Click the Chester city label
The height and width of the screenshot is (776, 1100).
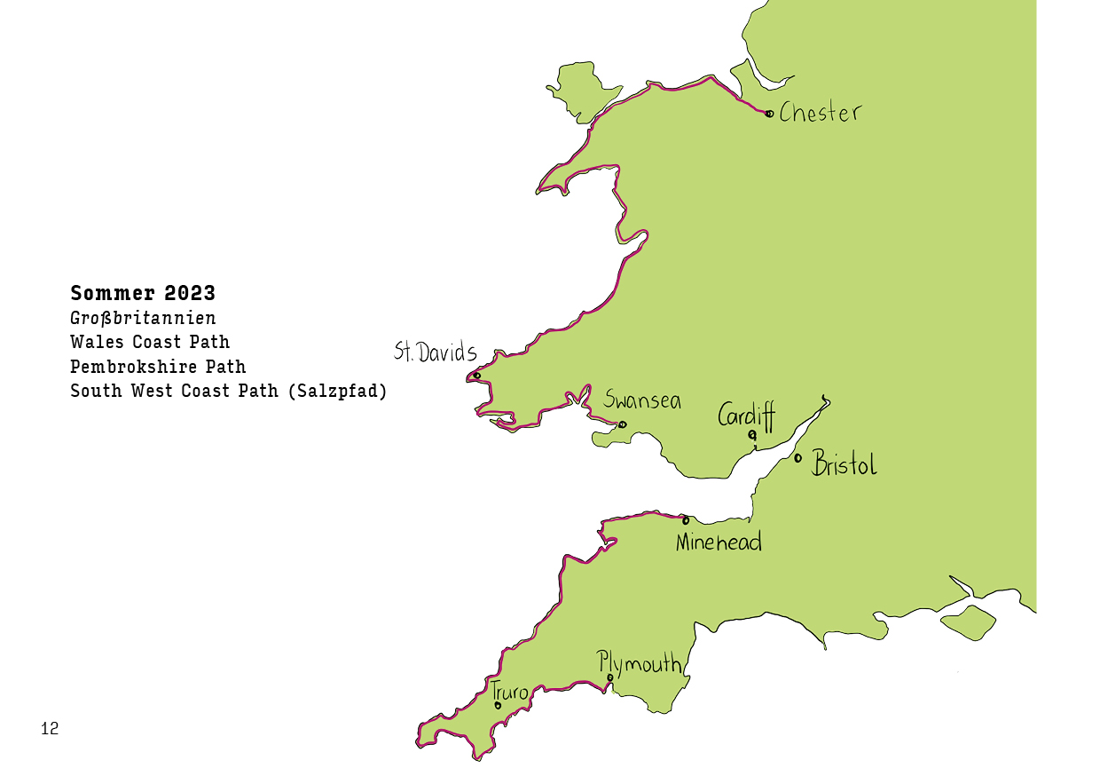[x=821, y=113]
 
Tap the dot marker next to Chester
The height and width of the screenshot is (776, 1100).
[x=769, y=113]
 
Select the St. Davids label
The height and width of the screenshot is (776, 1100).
[x=436, y=352]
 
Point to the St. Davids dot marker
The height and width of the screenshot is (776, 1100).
[x=477, y=375]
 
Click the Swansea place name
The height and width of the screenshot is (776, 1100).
[x=642, y=400]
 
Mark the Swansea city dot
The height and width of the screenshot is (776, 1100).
[x=622, y=424]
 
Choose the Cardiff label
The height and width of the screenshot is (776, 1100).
[x=746, y=415]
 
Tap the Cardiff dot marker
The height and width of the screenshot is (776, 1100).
[x=752, y=434]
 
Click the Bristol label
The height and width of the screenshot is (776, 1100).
[x=845, y=464]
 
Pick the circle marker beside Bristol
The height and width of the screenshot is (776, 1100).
[x=798, y=458]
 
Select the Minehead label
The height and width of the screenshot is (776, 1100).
[x=719, y=542]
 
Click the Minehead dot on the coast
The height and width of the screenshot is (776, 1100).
[x=686, y=520]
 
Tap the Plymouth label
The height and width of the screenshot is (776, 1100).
[x=640, y=662]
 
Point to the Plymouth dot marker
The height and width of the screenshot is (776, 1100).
[x=610, y=678]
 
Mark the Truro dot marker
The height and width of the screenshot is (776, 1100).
[x=498, y=706]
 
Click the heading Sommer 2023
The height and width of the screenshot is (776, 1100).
[x=143, y=293]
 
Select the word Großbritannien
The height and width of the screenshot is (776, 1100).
[x=143, y=317]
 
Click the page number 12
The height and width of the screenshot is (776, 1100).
[x=50, y=729]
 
